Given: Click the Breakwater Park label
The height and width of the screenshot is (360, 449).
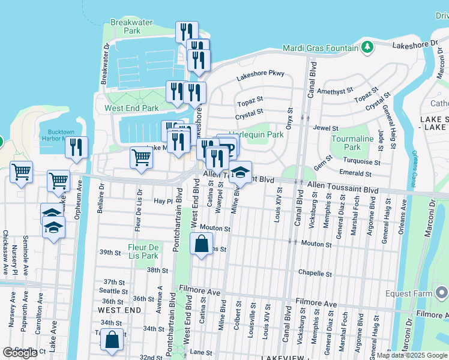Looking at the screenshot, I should click(125, 26).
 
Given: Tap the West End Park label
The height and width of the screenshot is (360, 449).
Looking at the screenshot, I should click(131, 109).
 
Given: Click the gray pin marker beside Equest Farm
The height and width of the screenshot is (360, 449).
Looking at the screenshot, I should click(441, 293).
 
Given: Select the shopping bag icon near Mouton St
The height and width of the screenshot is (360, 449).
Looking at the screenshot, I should click(201, 244).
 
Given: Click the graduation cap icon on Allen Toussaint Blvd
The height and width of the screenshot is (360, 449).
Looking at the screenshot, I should click(240, 172).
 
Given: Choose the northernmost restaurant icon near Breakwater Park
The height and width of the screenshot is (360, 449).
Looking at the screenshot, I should click(187, 32).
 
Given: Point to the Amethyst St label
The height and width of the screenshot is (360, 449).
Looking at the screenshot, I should click(335, 91).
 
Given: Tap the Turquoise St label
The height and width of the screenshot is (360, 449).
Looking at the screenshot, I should click(361, 162).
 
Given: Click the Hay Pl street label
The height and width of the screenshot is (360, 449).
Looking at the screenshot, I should click(163, 202).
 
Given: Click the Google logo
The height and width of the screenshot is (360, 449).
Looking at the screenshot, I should click(20, 353).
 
